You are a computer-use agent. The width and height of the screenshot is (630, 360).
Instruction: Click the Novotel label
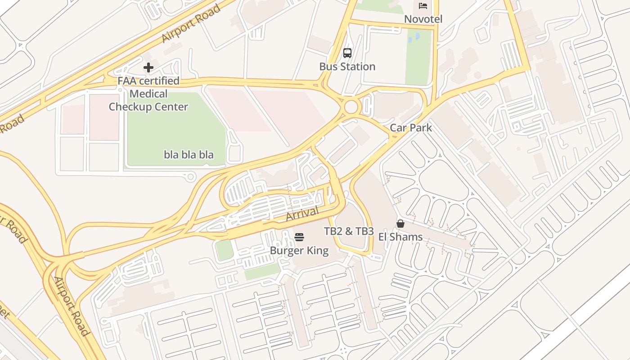click(x=423, y=19)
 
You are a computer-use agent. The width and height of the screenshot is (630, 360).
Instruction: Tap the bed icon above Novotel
click(x=423, y=5)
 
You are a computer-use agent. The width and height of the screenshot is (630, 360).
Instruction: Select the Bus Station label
click(x=347, y=67)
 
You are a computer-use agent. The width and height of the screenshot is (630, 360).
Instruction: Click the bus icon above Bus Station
click(x=347, y=53)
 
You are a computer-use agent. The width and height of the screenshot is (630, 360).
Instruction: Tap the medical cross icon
click(x=148, y=68)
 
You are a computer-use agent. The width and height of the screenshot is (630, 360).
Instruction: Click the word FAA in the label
click(x=127, y=81)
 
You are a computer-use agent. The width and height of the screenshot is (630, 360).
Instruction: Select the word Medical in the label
click(x=148, y=94)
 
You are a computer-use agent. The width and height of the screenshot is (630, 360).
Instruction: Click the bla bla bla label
click(x=189, y=155)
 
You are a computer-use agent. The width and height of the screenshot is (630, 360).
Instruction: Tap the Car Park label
click(x=410, y=128)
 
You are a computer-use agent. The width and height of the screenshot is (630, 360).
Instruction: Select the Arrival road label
click(x=302, y=214)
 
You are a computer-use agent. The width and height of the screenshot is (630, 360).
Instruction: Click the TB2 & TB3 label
click(x=349, y=231)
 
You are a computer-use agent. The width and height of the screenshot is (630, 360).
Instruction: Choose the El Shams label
click(x=400, y=237)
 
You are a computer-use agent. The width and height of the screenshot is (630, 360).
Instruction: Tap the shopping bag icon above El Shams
click(x=400, y=224)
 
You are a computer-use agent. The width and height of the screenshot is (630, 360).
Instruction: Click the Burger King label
click(x=299, y=251)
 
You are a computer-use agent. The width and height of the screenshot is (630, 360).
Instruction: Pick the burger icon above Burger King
click(x=299, y=237)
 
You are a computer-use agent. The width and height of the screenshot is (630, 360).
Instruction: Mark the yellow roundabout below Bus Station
click(x=351, y=108)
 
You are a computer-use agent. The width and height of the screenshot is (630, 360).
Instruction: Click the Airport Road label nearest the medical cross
click(x=191, y=23)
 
